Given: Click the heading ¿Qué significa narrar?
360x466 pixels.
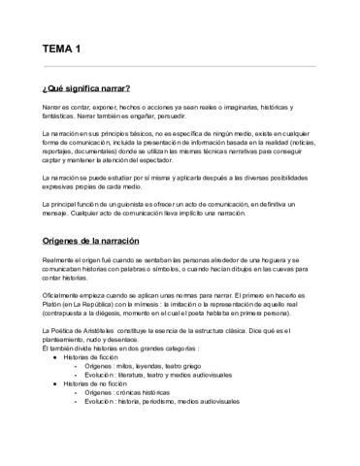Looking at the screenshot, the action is (86, 88).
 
